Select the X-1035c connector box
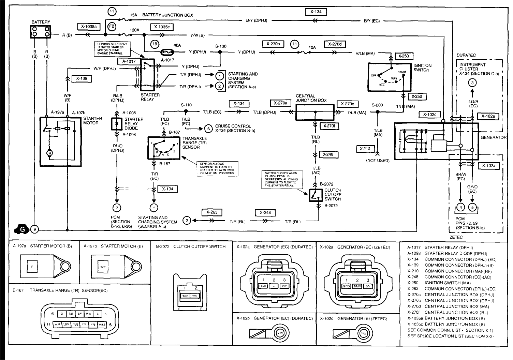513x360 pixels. pyautogui.click(x=161, y=27)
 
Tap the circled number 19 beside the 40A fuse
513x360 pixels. pyautogui.click(x=155, y=44)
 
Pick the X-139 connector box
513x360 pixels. pyautogui.click(x=82, y=78)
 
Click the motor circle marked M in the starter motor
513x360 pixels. pyautogui.click(x=50, y=154)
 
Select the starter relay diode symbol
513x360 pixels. pyautogui.click(x=117, y=124)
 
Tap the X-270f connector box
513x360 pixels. pyautogui.click(x=329, y=126)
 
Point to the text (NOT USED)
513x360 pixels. pyautogui.click(x=378, y=160)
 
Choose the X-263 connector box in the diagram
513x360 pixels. pyautogui.click(x=212, y=212)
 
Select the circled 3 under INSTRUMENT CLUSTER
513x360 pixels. pyautogui.click(x=472, y=82)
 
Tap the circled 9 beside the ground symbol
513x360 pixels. pyautogui.click(x=34, y=229)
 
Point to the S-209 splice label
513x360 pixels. pyautogui.click(x=377, y=105)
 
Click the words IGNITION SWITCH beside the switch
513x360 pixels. pyautogui.click(x=422, y=67)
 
